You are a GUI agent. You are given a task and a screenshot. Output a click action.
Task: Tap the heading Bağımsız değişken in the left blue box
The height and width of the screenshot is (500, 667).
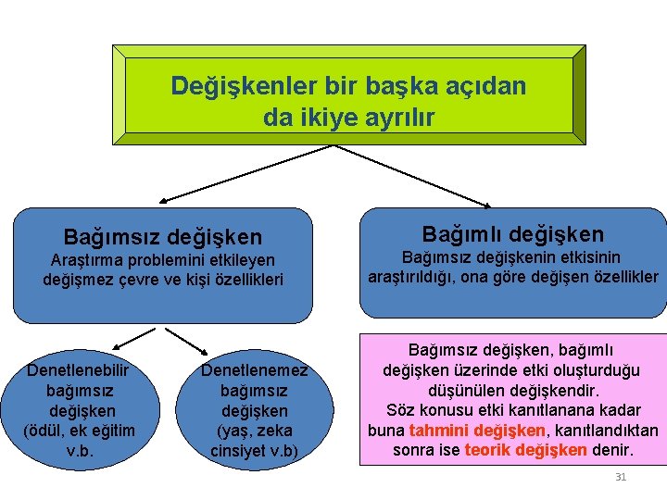click(162, 238)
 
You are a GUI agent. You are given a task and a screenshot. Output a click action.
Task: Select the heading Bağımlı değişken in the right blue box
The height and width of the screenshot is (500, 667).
click(512, 234)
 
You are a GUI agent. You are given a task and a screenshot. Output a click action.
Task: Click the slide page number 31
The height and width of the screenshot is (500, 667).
click(621, 478)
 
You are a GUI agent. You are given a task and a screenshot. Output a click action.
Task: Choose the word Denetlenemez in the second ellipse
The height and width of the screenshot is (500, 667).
click(254, 370)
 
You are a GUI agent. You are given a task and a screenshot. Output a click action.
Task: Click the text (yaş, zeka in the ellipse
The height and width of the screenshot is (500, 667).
click(255, 431)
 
